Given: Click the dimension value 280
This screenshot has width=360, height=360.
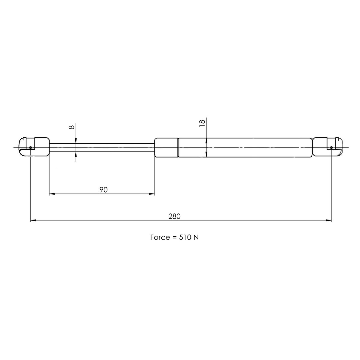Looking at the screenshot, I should (174, 216).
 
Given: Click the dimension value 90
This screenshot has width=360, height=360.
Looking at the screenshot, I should (103, 190).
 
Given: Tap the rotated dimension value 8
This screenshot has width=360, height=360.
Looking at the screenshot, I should (71, 127).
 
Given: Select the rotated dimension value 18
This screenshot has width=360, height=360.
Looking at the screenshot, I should (202, 123).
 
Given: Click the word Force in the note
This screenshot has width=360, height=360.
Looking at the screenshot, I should (160, 238).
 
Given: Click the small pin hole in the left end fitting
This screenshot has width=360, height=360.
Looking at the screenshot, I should (31, 147).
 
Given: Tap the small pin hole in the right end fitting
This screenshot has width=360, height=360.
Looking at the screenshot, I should (331, 147).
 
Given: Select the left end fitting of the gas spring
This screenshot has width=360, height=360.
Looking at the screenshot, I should (34, 147).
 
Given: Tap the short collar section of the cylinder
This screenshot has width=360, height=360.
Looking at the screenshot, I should (166, 147).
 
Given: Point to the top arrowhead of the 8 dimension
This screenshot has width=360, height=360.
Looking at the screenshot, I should (76, 140).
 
